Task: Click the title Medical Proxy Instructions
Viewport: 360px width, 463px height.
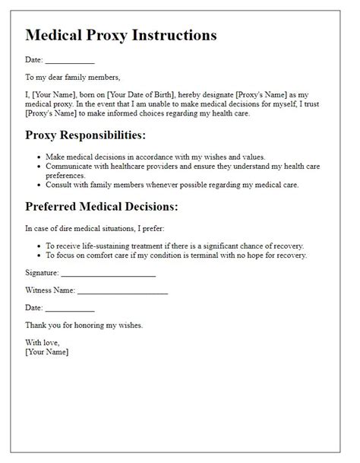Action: coord(121,36)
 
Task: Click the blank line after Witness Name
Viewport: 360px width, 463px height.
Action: coord(122,291)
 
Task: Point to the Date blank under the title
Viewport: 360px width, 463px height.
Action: coord(70,60)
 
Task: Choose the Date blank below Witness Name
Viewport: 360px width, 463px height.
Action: coord(70,308)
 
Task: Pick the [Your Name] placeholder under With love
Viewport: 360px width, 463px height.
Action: coord(46,352)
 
